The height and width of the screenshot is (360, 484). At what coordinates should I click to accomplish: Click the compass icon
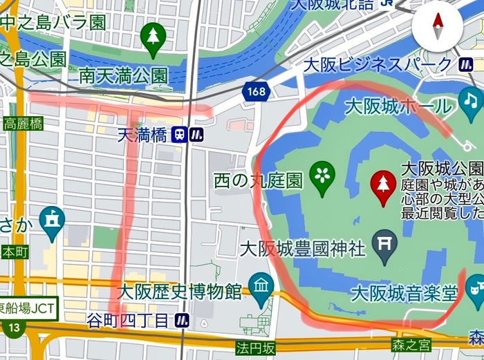coord(437,28)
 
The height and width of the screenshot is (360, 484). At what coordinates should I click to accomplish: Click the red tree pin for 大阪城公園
coord(383,186)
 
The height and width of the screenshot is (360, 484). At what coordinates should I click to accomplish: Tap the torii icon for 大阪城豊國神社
coord(384,243)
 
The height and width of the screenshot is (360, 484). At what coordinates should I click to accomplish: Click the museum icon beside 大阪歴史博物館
coord(261,289)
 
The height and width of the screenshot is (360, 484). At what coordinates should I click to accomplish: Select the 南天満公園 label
coord(123,74)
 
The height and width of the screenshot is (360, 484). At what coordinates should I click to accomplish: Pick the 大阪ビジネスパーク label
coord(378,66)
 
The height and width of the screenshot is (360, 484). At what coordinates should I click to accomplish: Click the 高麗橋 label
coord(23,124)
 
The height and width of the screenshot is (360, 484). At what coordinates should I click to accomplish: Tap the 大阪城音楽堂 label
coord(404,294)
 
